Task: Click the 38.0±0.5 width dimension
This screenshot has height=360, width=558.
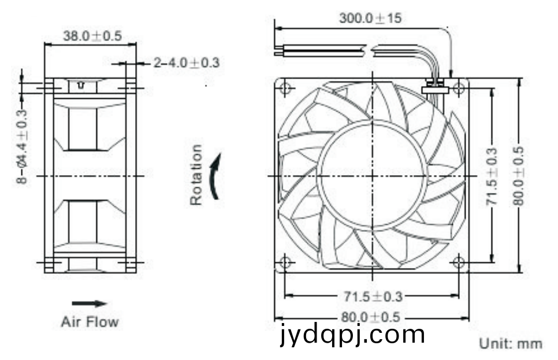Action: click(92, 36)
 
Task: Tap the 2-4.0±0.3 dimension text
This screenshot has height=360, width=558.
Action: click(187, 63)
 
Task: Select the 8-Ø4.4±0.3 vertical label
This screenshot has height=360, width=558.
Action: click(22, 147)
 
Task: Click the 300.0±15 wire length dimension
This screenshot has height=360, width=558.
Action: click(370, 18)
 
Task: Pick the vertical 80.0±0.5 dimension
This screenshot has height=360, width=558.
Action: click(519, 176)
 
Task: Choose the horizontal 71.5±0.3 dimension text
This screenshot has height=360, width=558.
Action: click(373, 296)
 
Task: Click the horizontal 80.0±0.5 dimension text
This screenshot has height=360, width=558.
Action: click(370, 317)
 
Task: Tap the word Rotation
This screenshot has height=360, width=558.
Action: click(196, 175)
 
